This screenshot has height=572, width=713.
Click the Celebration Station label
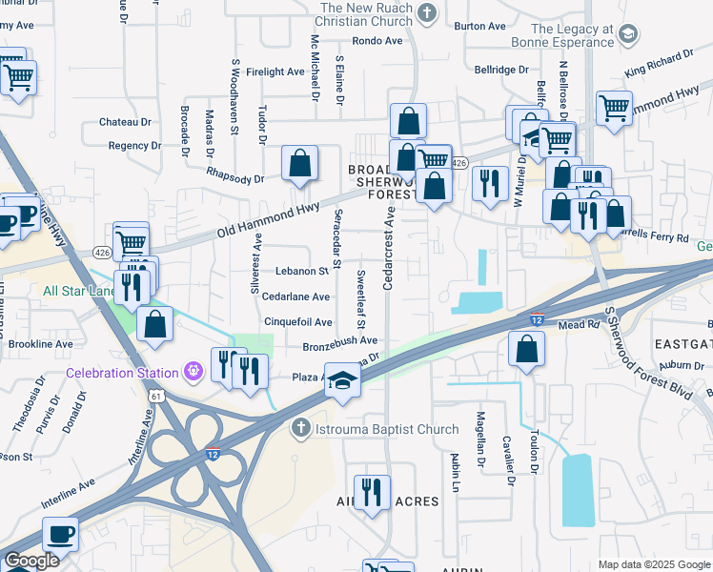tap(122, 373)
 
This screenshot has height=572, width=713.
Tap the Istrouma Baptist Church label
tap(389, 429)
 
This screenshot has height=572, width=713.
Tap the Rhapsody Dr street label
tap(237, 178)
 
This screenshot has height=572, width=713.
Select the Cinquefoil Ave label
tap(297, 322)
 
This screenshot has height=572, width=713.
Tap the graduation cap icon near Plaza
tap(342, 380)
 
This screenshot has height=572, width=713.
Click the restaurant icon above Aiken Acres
tap(373, 492)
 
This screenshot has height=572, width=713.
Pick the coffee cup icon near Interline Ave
tap(60, 534)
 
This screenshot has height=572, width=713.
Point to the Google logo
tap(31, 562)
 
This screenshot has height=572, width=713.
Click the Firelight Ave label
tap(275, 71)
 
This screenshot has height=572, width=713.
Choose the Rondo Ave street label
tap(377, 41)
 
